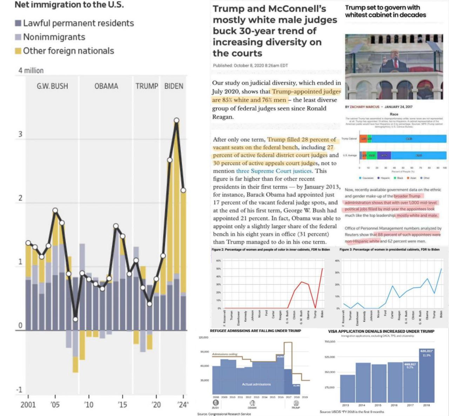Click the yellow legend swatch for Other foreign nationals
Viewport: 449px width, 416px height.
tap(18, 51)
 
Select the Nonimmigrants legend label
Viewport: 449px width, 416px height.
tap(54, 37)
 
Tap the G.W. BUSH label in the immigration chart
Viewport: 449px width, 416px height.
tap(52, 86)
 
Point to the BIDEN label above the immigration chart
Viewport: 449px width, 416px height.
tap(174, 86)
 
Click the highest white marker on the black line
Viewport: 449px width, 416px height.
tap(176, 121)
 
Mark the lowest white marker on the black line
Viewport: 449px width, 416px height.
tap(75, 319)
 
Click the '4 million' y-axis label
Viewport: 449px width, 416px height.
tap(31, 70)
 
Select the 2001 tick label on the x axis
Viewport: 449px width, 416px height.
tap(28, 405)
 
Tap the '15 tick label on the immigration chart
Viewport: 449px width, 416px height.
tap(122, 405)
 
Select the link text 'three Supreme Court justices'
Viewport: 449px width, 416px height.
tap(274, 171)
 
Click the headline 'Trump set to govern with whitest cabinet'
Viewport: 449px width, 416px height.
tap(385, 11)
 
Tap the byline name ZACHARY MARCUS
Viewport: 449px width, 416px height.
tap(364, 107)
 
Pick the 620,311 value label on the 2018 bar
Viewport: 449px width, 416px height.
tap(426, 351)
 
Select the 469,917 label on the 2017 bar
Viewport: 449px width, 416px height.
tap(410, 364)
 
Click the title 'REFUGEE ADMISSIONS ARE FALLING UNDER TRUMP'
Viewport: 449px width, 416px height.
tap(255, 331)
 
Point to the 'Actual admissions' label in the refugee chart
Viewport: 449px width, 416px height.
tap(256, 384)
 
